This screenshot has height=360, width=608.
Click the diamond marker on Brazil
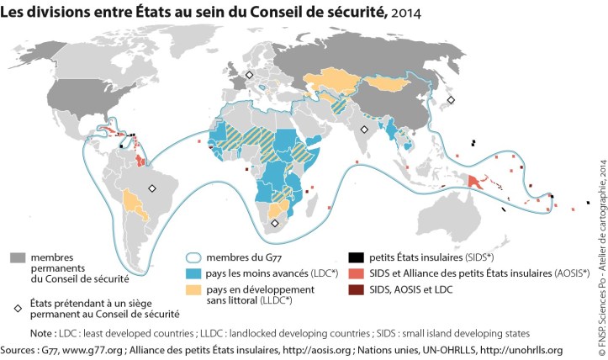pos(152,188)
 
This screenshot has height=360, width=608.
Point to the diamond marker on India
pos(363,130)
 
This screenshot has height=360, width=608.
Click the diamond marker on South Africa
pos(274,223)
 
